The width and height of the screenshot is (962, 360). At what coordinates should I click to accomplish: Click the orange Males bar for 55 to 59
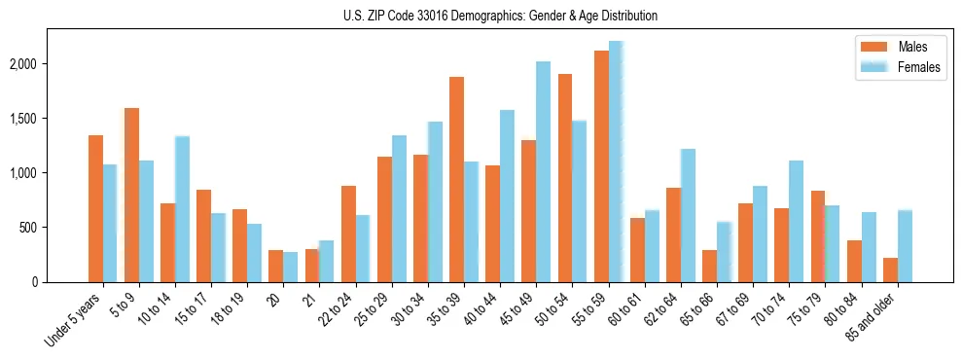[x=601, y=166]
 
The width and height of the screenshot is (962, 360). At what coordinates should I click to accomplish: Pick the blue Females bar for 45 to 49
[x=543, y=172]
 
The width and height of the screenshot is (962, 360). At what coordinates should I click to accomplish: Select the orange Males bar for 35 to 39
[x=456, y=180]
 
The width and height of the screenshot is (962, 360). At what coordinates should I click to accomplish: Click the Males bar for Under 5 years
[x=95, y=209]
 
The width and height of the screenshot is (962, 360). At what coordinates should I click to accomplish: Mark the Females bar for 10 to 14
[x=182, y=209]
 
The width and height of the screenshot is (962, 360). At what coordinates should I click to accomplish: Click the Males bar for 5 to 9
[x=131, y=196]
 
